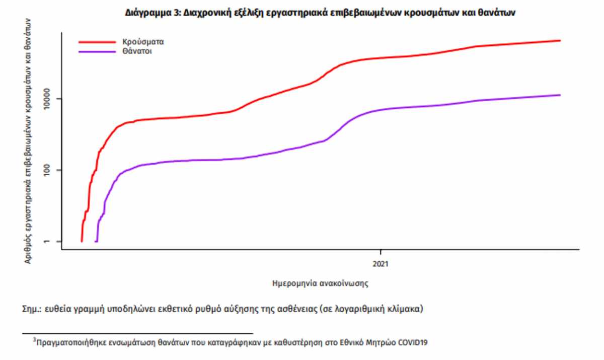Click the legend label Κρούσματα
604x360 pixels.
[143, 42]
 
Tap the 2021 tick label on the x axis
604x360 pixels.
[381, 263]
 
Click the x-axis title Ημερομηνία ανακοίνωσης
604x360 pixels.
[320, 283]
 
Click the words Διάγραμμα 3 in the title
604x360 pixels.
[148, 14]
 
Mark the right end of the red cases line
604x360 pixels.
[560, 40]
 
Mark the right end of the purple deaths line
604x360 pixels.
[560, 95]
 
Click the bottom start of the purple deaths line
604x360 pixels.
[96, 242]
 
